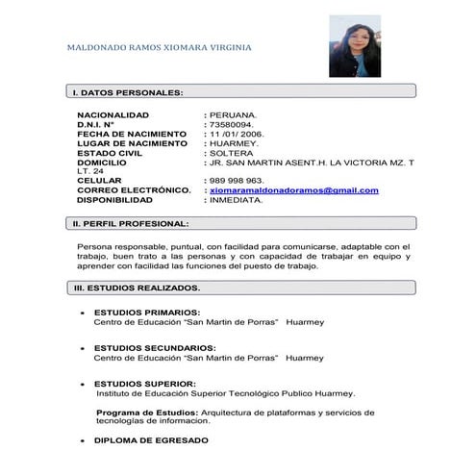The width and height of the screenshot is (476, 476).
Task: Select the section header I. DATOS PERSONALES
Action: [127, 92]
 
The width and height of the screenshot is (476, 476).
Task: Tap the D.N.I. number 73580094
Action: [232, 124]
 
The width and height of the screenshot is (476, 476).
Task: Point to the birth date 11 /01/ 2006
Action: [236, 134]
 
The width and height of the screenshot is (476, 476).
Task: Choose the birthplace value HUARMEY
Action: [235, 143]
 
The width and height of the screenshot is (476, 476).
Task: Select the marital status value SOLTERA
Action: [232, 153]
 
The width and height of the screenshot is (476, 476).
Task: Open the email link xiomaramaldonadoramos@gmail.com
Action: [293, 190]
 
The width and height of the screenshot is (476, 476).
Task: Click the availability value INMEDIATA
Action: [236, 200]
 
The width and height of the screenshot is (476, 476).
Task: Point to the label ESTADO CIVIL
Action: [112, 153]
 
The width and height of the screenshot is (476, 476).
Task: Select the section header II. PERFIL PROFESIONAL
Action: [131, 223]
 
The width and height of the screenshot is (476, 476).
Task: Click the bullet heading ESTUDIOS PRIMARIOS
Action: [146, 313]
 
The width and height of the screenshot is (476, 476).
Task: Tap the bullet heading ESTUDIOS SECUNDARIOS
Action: [154, 347]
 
